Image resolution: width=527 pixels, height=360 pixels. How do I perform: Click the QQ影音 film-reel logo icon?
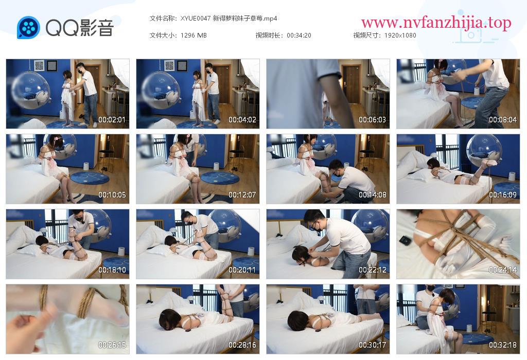28,28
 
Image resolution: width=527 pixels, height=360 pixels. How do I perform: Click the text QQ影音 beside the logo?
80,28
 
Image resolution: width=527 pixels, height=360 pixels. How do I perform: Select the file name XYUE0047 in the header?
195,19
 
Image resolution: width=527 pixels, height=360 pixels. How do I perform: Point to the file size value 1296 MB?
194,35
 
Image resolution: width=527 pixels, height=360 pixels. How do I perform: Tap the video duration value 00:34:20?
299,35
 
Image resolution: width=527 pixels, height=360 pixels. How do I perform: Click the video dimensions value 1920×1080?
400,35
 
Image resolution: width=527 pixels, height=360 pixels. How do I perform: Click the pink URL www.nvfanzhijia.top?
436,23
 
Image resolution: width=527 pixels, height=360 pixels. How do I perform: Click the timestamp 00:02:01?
112,119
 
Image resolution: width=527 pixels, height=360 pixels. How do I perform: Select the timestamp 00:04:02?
242,119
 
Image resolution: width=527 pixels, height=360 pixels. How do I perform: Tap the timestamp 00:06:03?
373,119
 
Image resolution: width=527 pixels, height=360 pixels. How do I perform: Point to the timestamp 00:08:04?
503,119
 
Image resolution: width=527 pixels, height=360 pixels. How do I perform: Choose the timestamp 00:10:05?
112,195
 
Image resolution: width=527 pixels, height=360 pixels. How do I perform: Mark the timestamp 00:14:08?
373,195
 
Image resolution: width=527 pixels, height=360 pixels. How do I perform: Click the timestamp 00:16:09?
503,195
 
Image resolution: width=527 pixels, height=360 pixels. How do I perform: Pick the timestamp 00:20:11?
242,269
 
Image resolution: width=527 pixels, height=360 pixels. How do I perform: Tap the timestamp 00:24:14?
503,269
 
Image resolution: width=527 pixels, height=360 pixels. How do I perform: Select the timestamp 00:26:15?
112,345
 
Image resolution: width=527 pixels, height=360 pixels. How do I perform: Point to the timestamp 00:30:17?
373,345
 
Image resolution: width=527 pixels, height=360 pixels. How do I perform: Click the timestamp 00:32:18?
503,345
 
